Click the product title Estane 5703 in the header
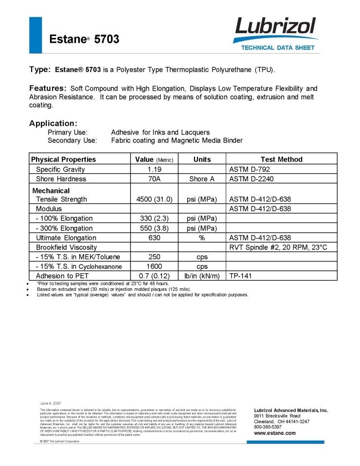click(x=84, y=39)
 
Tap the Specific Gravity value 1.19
click(x=154, y=169)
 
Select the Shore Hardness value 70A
click(x=154, y=179)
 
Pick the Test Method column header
click(x=281, y=159)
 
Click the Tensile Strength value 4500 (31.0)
click(x=154, y=199)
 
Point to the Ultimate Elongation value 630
click(x=154, y=238)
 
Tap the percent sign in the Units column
click(x=201, y=238)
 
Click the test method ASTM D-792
click(x=249, y=169)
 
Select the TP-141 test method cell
click(x=242, y=276)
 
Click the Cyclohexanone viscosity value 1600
click(x=154, y=267)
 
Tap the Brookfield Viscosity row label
click(x=66, y=247)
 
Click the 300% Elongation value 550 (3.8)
click(x=154, y=228)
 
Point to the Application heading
click(x=53, y=123)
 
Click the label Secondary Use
click(x=72, y=141)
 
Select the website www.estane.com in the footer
click(x=274, y=433)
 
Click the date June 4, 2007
click(x=50, y=404)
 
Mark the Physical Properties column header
click(x=63, y=159)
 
